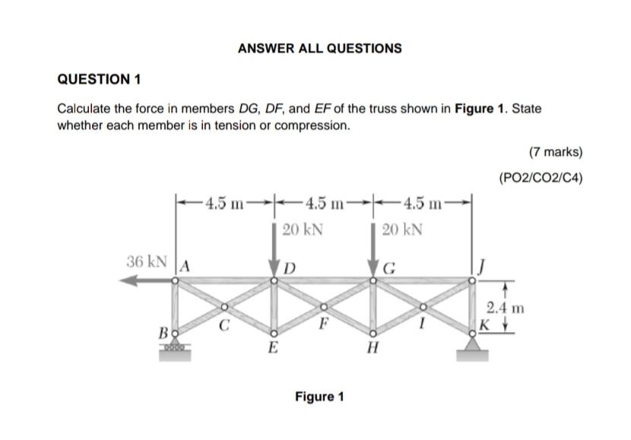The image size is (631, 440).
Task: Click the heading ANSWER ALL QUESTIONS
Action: [x=319, y=48]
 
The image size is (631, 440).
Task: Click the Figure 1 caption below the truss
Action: [x=319, y=397]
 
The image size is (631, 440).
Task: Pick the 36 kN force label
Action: [x=147, y=261]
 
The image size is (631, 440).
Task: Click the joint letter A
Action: [x=185, y=266]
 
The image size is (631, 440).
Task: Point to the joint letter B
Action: [x=163, y=333]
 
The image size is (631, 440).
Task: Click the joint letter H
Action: [x=372, y=351]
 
